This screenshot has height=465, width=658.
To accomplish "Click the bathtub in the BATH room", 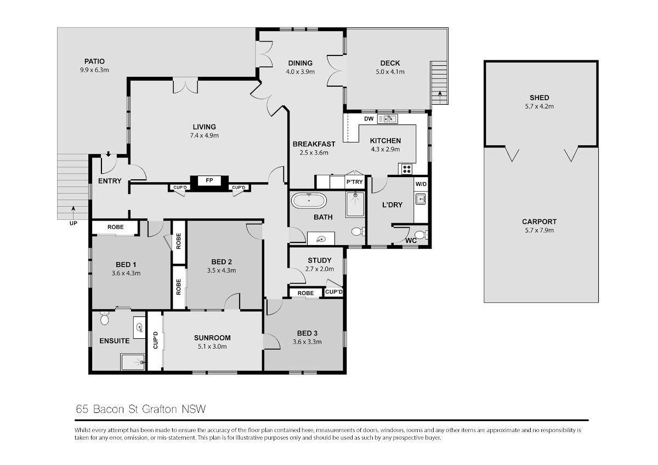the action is [x=309, y=201].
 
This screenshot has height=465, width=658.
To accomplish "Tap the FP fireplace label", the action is [x=209, y=180].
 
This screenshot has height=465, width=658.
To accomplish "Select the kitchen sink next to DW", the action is [x=388, y=119].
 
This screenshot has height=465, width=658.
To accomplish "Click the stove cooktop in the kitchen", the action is [x=407, y=169].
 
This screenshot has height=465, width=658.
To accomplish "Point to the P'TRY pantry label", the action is [x=355, y=182].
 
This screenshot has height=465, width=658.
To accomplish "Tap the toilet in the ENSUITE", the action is [x=104, y=318].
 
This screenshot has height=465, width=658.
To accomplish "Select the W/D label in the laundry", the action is [x=421, y=184].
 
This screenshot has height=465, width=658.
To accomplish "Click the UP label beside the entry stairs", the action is [x=73, y=223].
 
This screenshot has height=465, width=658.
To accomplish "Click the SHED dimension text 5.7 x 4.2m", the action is [x=540, y=106].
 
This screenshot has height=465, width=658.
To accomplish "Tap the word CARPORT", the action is [x=540, y=222].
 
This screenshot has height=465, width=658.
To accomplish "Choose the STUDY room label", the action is [x=320, y=260].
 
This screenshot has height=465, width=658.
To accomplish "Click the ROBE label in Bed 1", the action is [x=116, y=227].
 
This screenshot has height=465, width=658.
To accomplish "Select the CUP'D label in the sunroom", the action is [x=155, y=340].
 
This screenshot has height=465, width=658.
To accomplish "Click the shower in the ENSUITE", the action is [x=133, y=362].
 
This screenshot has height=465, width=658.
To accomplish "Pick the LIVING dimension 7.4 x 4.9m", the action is [x=205, y=135].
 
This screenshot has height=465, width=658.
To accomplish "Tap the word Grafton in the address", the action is [x=160, y=409].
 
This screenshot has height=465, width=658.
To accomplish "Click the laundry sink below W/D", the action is [x=421, y=199].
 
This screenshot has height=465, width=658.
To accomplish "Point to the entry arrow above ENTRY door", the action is [x=109, y=154].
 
